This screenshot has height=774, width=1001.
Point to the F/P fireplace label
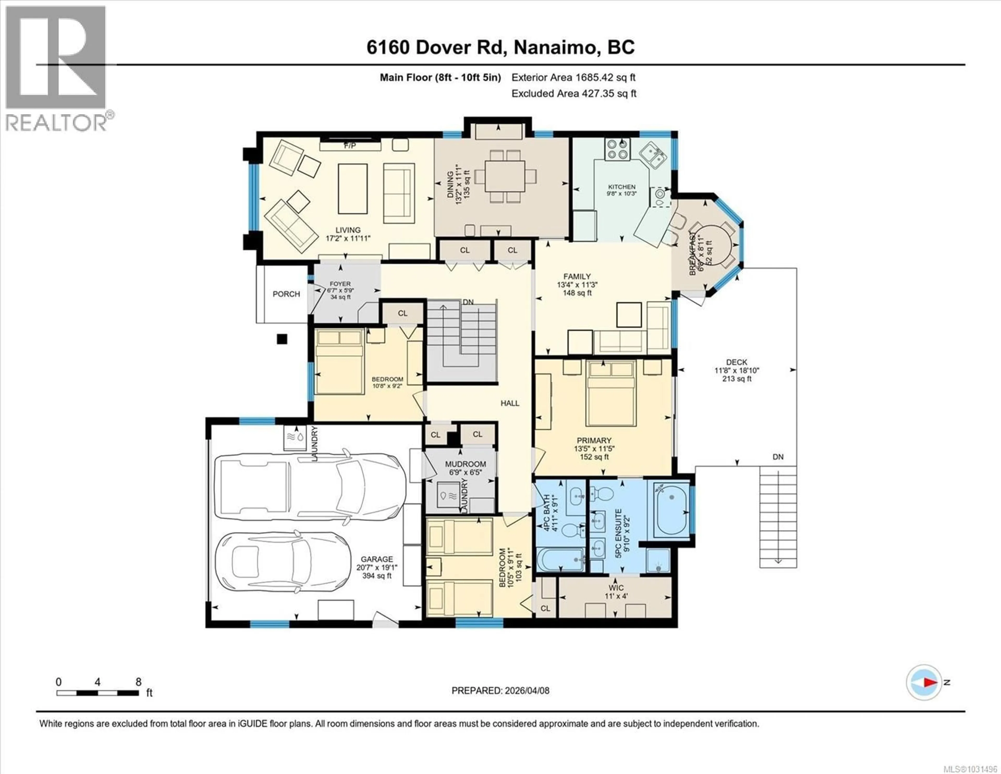[x=350, y=146]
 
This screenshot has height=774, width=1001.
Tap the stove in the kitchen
[x=617, y=149]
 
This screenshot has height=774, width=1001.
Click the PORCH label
[x=286, y=294]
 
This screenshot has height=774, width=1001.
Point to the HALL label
[x=510, y=403]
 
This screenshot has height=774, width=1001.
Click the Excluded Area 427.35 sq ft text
[x=574, y=94]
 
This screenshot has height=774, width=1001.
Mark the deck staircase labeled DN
[x=778, y=516]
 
